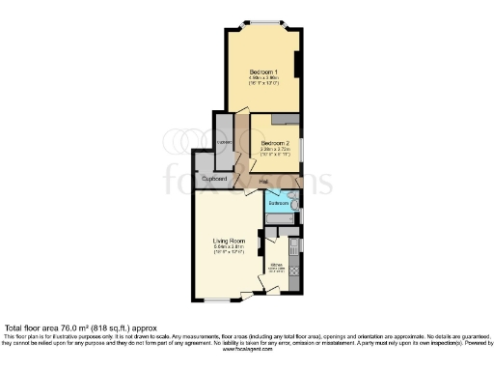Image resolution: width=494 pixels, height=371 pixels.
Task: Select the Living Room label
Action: pyautogui.click(x=229, y=241)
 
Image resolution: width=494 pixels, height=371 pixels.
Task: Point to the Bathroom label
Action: pyautogui.click(x=279, y=204)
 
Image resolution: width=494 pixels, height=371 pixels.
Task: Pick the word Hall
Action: pyautogui.click(x=261, y=181)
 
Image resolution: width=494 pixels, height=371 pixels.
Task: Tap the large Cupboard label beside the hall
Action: pyautogui.click(x=214, y=180)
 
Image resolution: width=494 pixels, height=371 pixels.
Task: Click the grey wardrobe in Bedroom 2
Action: pyautogui.click(x=284, y=118)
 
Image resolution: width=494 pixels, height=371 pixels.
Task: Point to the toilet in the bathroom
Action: pyautogui.click(x=296, y=204)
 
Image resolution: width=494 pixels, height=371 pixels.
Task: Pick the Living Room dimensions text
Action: pyautogui.click(x=229, y=250)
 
